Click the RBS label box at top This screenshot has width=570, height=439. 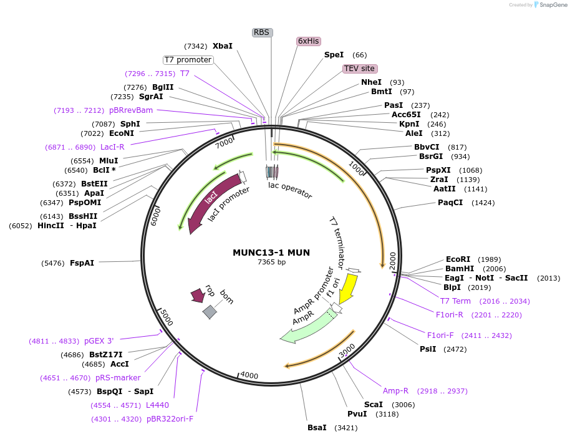coord(262,32)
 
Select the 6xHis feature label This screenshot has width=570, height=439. coord(308,41)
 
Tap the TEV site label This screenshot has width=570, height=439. coord(359,68)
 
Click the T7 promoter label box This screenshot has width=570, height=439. coord(188,60)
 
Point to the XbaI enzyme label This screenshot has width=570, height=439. coord(222,46)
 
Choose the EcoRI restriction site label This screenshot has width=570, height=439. coord(458,259)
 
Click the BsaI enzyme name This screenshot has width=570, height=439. coord(317,427)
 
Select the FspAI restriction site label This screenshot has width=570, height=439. coord(82,263)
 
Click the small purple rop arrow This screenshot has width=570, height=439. coord(198,295)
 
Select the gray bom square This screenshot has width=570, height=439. coord(210,312)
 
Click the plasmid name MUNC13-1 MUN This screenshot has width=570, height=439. coord(271,253)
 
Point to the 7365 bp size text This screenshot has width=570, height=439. coord(271,262)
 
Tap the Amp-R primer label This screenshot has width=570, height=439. coord(395,391)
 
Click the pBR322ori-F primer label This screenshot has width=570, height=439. coord(170,418)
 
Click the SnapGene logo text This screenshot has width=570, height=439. coord(553,5)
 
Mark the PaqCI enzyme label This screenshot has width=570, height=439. coord(450,203)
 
